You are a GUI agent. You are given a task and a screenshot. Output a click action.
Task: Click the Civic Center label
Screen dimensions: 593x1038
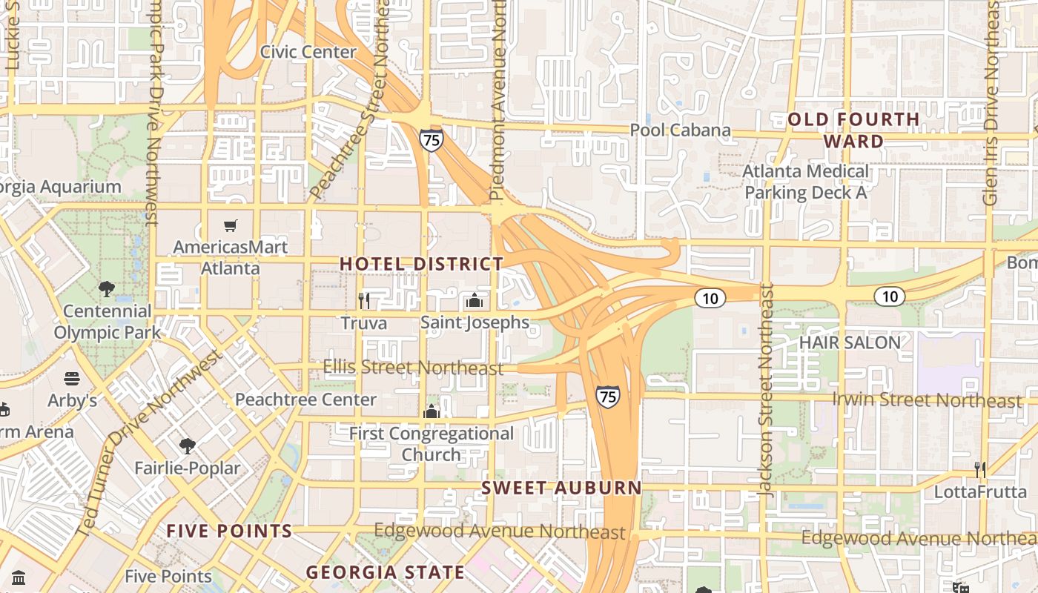tap(308, 52)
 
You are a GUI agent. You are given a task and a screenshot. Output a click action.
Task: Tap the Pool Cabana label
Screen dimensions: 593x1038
tap(680, 130)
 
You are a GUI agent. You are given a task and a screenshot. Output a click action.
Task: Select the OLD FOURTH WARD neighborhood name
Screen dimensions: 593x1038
tap(853, 130)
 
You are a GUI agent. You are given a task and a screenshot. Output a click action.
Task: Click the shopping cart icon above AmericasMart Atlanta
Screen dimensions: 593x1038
tap(231, 225)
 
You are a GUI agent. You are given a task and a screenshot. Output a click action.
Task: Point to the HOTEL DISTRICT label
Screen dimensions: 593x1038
tap(421, 264)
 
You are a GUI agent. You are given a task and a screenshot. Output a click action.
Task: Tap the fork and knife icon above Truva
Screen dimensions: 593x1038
tap(364, 300)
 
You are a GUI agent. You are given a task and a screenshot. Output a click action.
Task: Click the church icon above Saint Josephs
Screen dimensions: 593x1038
tap(475, 300)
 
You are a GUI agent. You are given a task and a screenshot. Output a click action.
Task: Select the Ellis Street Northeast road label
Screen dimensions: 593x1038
tap(413, 367)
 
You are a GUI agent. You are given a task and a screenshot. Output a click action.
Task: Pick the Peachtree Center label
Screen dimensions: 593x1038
tap(305, 400)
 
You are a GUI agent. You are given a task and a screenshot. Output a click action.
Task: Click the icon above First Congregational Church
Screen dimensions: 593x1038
tap(432, 411)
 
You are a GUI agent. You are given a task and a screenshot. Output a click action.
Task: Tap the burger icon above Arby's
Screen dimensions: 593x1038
tap(72, 380)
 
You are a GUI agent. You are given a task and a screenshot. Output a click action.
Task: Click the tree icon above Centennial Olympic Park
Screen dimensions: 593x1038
tap(107, 288)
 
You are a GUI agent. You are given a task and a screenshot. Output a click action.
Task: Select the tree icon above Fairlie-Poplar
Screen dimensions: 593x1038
tap(188, 445)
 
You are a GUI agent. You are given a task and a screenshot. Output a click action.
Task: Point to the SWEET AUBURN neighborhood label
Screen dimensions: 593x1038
tap(561, 488)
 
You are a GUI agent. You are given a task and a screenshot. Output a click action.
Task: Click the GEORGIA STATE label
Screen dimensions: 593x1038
tap(386, 572)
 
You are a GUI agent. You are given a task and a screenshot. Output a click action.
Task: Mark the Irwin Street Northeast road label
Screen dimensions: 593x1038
tap(927, 400)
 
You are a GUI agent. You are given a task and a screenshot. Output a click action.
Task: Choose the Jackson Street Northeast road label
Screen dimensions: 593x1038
tap(767, 389)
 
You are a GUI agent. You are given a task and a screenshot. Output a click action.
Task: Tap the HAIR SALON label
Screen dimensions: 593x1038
tap(850, 342)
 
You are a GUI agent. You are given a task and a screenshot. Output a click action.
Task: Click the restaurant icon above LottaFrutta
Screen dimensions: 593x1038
tap(980, 469)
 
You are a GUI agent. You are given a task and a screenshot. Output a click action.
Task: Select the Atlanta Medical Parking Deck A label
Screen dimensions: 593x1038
tap(806, 182)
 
